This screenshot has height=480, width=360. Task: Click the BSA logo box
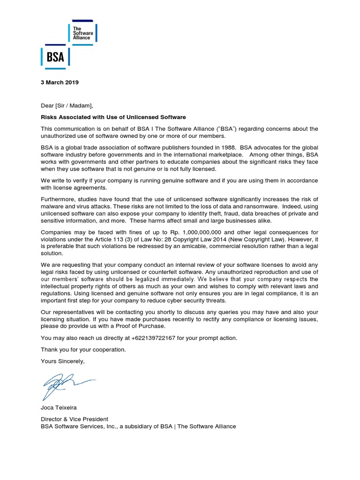click(55, 58)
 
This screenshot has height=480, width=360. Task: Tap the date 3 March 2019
click(60, 82)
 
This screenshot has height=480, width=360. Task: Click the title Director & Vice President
click(75, 419)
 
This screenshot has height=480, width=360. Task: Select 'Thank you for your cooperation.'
click(83, 350)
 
